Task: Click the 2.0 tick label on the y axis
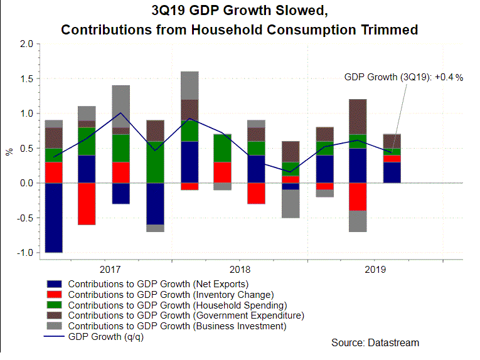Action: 26,45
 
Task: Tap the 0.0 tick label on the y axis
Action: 26,183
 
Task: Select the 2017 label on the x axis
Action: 110,268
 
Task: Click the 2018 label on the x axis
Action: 240,268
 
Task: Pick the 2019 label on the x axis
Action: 375,268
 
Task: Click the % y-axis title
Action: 9,151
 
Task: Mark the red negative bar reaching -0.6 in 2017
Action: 87,204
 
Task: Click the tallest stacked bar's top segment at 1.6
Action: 189,85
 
